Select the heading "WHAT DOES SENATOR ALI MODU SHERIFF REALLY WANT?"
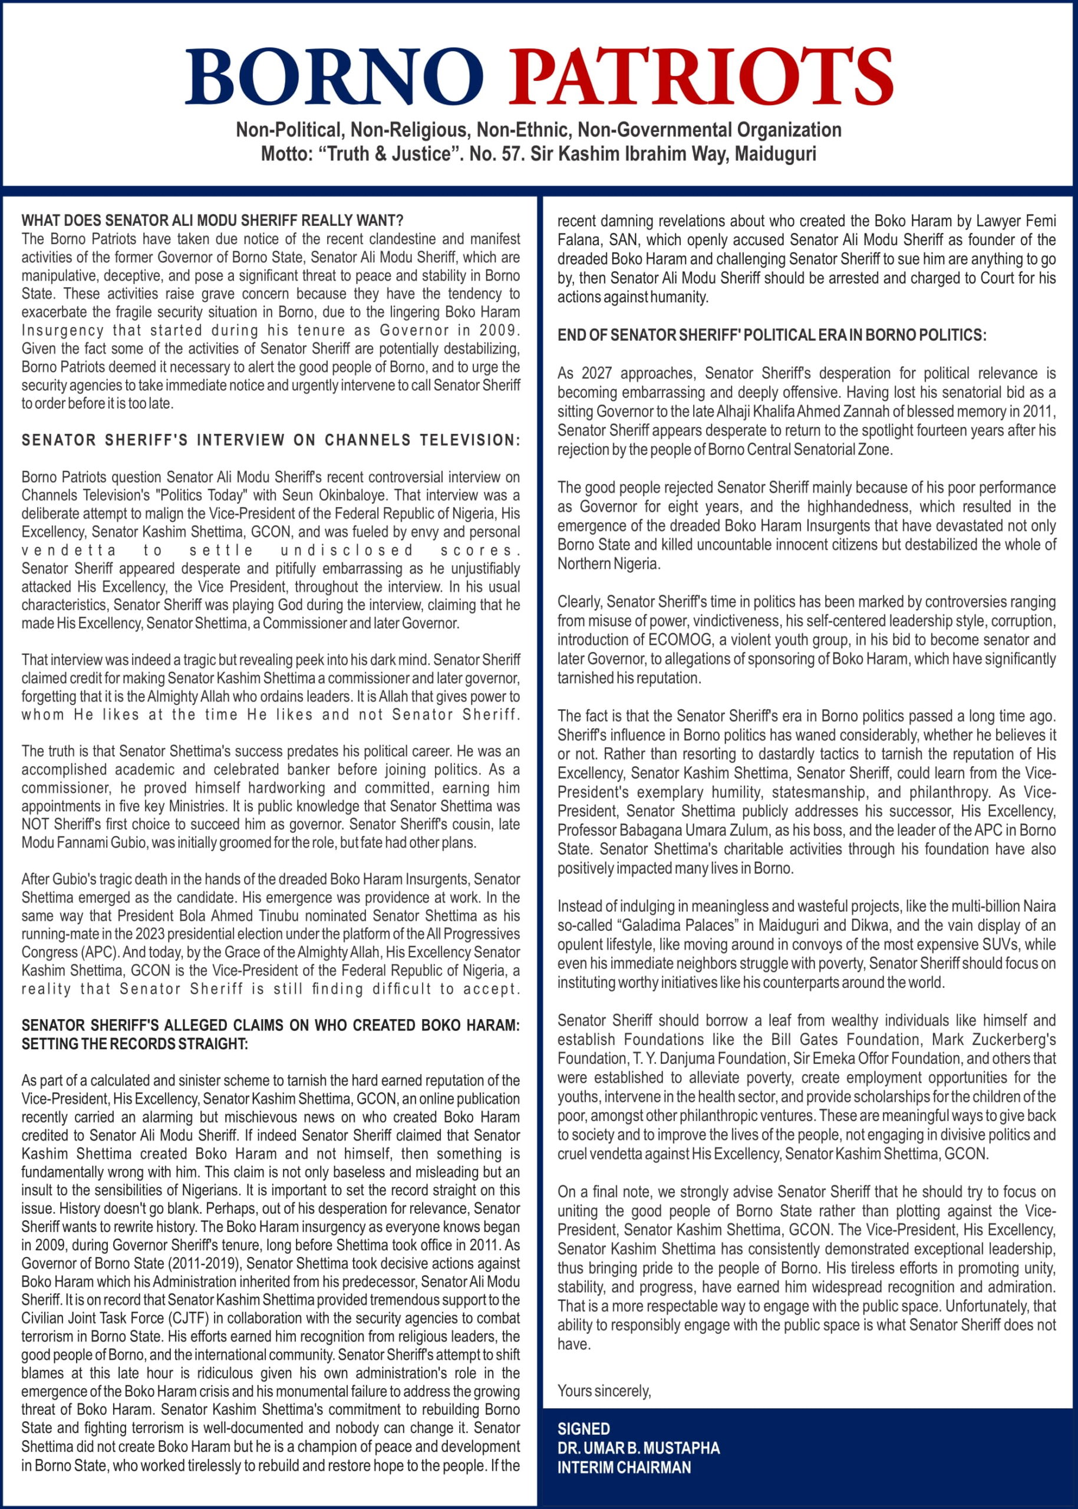tap(212, 220)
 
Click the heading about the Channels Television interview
tap(270, 440)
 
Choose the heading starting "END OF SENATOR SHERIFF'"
tap(772, 335)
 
